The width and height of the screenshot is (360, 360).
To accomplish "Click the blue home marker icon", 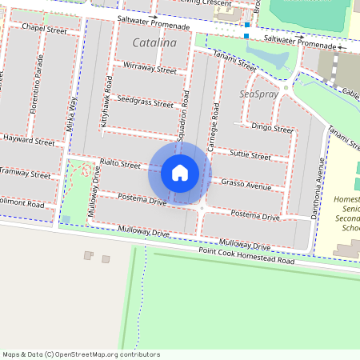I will coord(180,172).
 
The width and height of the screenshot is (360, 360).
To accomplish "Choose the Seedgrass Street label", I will coord(145,103).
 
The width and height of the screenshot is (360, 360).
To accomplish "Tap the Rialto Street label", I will coord(119,163).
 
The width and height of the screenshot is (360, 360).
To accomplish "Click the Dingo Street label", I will coord(271,126).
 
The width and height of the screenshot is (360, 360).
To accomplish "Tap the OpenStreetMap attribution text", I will coord(81,354).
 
